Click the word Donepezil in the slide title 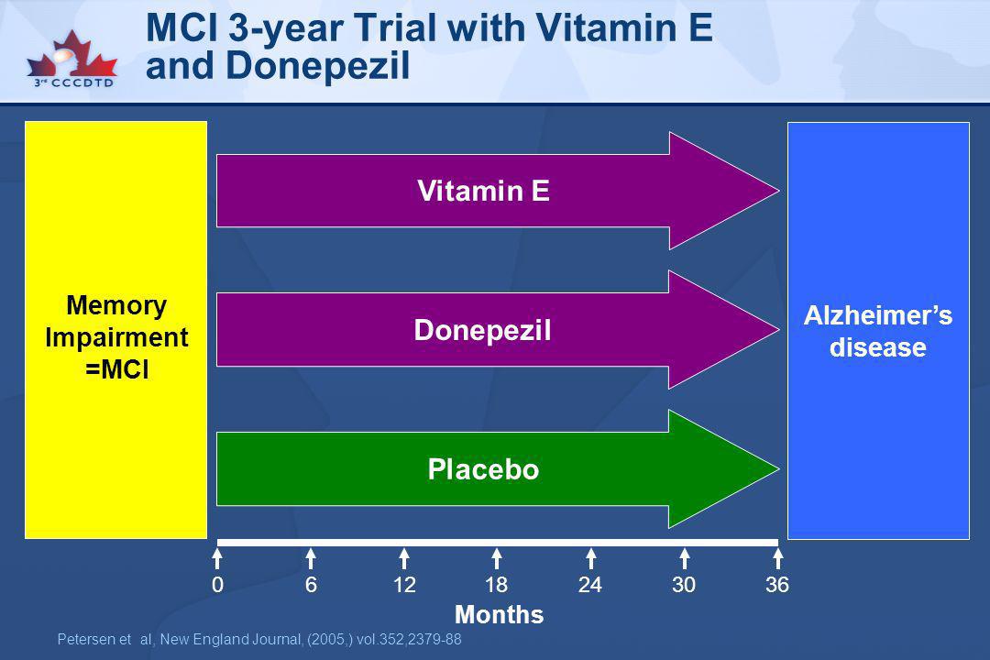(x=317, y=66)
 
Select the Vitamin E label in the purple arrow (x=484, y=191)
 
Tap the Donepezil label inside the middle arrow (x=482, y=330)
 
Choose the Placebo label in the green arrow (x=484, y=469)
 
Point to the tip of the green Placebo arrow (x=778, y=468)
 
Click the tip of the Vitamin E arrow (x=778, y=190)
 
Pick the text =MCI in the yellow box (x=116, y=368)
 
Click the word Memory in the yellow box (x=116, y=305)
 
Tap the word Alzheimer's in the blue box (x=877, y=315)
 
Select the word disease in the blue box (x=877, y=347)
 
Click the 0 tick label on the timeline (x=218, y=585)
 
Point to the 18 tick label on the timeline (x=497, y=585)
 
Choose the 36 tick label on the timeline (x=777, y=585)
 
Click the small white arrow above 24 (x=591, y=559)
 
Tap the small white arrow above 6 (x=311, y=559)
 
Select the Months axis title (x=499, y=614)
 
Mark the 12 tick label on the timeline (x=404, y=585)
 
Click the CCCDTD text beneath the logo (x=82, y=82)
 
